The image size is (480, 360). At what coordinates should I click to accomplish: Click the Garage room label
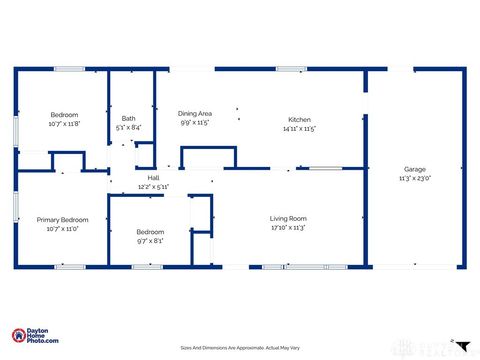415,169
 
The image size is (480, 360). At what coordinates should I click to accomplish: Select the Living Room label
288,218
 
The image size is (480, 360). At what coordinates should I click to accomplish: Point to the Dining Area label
195,113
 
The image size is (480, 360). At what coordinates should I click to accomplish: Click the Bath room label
129,119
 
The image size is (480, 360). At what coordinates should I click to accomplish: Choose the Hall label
154,178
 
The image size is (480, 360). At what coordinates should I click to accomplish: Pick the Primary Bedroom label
63,220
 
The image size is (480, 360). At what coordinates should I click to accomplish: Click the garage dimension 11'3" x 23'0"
415,178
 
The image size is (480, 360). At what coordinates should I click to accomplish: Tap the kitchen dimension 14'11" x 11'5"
299,128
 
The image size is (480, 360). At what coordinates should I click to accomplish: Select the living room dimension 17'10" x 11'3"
288,227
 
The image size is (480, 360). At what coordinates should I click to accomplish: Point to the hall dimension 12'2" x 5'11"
154,186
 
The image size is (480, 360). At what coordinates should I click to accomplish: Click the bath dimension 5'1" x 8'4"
129,127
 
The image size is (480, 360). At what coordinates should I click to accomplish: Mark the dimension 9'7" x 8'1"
150,240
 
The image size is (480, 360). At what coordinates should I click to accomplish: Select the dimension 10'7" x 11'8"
63,124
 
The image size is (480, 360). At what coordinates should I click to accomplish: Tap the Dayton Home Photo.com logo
34,337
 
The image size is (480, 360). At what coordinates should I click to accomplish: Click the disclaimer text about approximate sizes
239,347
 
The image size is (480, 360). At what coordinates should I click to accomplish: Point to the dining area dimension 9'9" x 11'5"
195,122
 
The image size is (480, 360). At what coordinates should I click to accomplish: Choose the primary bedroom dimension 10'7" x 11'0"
63,229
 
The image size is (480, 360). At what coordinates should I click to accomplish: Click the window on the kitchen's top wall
291,69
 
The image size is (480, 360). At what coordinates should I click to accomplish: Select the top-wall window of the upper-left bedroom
69,69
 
